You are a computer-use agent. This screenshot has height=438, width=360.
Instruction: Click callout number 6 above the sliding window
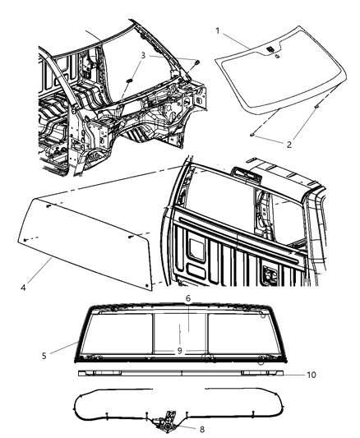(187, 299)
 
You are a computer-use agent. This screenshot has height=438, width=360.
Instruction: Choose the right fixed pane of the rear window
(242, 333)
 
